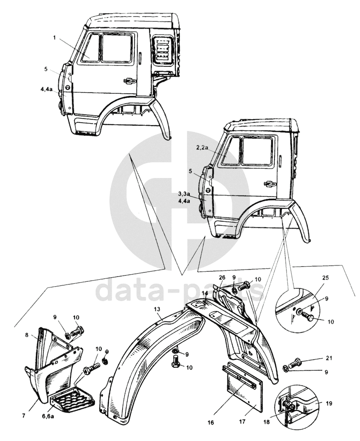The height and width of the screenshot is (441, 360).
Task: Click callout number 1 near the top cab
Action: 55,38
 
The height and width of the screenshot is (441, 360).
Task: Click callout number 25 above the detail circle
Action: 326,277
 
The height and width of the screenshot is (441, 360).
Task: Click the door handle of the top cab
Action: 129,81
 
